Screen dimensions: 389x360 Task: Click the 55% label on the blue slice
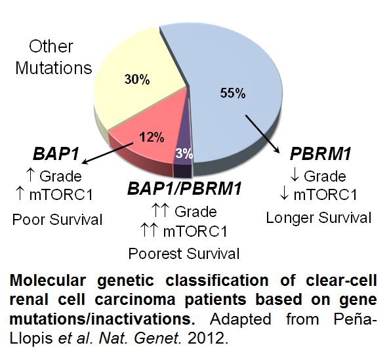tap(233, 93)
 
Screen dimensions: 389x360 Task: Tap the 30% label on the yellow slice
tap(137, 79)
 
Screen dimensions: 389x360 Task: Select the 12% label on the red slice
tap(152, 136)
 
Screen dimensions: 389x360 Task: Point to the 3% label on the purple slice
tap(184, 153)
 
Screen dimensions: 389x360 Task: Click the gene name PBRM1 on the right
tap(321, 154)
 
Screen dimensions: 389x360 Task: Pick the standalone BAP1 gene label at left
tap(56, 153)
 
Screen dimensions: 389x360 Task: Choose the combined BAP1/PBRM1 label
tap(184, 188)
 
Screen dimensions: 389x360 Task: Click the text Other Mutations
tap(53, 57)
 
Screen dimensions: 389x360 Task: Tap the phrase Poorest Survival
tap(184, 254)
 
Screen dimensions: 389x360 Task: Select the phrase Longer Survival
tap(319, 218)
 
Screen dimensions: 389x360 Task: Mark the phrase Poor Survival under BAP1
tap(57, 220)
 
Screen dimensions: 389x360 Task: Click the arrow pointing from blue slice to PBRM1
tap(262, 134)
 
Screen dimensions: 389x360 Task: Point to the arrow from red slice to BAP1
tap(108, 153)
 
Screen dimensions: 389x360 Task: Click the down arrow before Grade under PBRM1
tap(295, 176)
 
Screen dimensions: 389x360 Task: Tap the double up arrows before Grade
tap(160, 210)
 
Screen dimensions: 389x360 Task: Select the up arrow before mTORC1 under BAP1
tap(20, 194)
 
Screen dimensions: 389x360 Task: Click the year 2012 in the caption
tap(208, 338)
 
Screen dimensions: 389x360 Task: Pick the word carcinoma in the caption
tap(135, 300)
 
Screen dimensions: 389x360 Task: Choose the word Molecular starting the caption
tap(48, 281)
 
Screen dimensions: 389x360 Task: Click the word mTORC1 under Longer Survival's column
tap(325, 195)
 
